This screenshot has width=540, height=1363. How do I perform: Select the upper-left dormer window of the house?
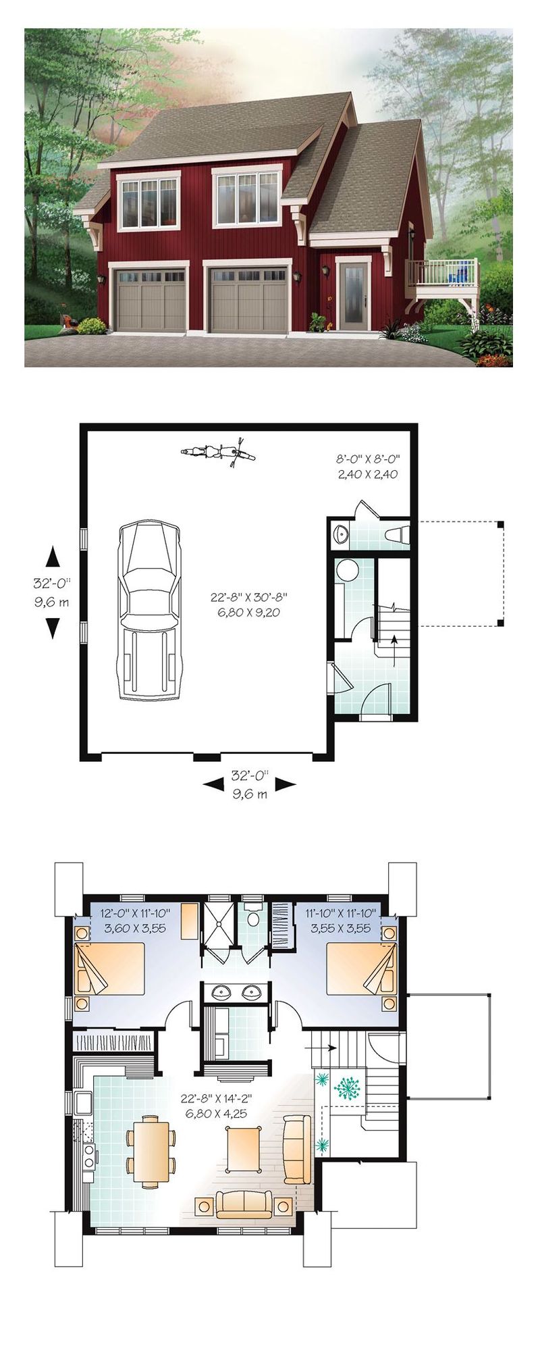pyautogui.click(x=149, y=202)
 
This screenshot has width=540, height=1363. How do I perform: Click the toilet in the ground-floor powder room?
pyautogui.click(x=396, y=534)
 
